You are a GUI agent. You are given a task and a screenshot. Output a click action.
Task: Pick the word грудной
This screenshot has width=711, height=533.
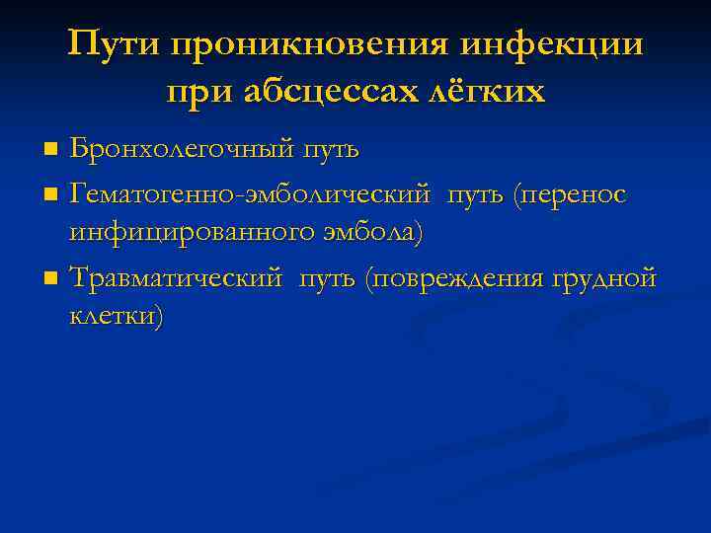click(603, 279)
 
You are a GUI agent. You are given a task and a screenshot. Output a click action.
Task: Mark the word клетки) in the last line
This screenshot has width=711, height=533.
click(118, 318)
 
